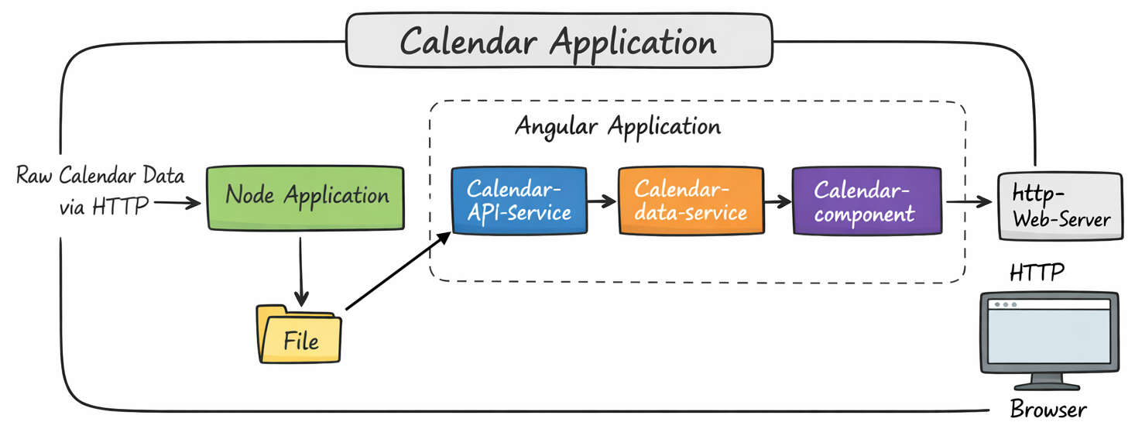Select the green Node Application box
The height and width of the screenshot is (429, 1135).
pyautogui.click(x=306, y=197)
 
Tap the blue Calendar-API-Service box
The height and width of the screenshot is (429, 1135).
pyautogui.click(x=519, y=200)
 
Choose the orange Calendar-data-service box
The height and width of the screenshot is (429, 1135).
pyautogui.click(x=691, y=200)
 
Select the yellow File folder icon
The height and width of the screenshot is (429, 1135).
pyautogui.click(x=299, y=335)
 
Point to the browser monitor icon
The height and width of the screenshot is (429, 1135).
pyautogui.click(x=1049, y=331)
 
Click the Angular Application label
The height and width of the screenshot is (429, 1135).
pyautogui.click(x=617, y=126)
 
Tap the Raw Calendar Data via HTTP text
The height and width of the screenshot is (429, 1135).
pyautogui.click(x=99, y=189)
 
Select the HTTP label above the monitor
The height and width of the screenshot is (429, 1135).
pyautogui.click(x=1037, y=272)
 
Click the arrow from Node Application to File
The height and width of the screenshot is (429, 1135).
pyautogui.click(x=301, y=268)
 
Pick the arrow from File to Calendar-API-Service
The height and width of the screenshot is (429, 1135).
pyautogui.click(x=396, y=270)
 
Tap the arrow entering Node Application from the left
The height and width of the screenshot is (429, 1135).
pyautogui.click(x=178, y=204)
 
